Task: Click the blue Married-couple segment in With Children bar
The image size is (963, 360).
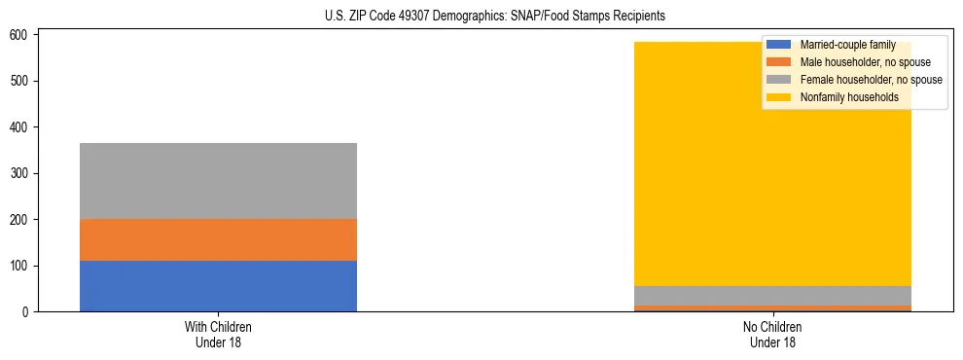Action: tap(218, 286)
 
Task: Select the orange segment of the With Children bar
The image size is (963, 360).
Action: tap(218, 239)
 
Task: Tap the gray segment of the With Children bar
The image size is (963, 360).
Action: tap(218, 181)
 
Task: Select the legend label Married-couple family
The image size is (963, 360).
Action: tap(847, 45)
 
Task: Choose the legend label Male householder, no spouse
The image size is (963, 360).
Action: tap(865, 62)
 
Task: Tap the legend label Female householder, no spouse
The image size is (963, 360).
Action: tap(871, 80)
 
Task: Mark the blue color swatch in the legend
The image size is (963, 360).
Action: tap(779, 45)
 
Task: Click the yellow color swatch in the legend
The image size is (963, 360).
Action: tap(779, 97)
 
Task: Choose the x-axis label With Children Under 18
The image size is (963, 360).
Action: tap(218, 334)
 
